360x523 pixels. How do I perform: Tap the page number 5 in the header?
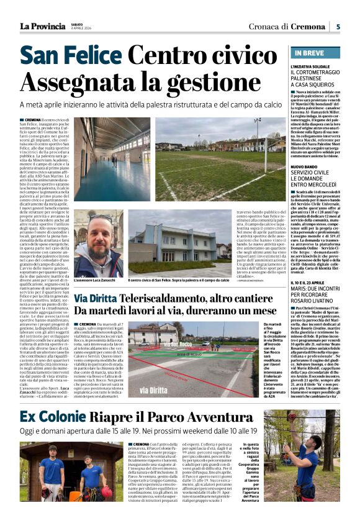click(x=338, y=26)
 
